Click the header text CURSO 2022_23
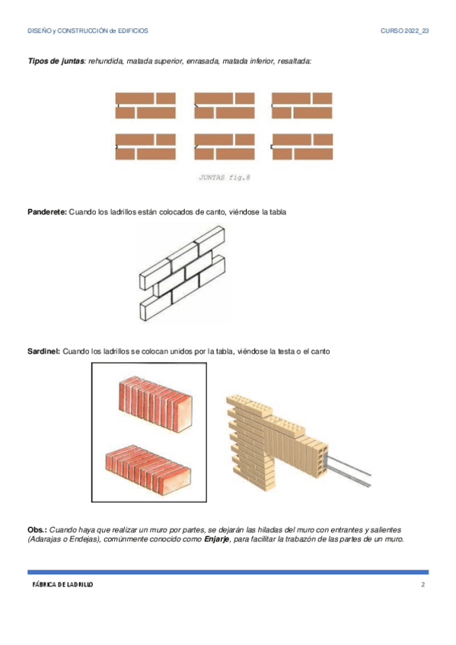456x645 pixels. click(x=404, y=31)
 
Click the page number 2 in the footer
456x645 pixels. click(x=423, y=584)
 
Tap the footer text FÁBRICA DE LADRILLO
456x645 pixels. click(x=62, y=584)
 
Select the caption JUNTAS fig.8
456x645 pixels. click(x=225, y=178)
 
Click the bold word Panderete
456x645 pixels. click(x=46, y=212)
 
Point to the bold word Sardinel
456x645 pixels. click(x=43, y=351)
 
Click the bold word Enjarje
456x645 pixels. click(x=217, y=539)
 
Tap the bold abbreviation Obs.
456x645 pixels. click(x=37, y=530)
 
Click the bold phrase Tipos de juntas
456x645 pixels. click(x=56, y=62)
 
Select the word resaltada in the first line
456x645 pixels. click(x=294, y=62)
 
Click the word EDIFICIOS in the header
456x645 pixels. click(x=133, y=31)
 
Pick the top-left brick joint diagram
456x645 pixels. click(x=145, y=106)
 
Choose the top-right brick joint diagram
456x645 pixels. click(x=301, y=106)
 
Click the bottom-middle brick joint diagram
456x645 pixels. click(x=225, y=147)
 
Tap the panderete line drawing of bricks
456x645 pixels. click(x=182, y=273)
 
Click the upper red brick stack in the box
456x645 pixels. click(x=155, y=405)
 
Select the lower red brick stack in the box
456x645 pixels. click(x=148, y=469)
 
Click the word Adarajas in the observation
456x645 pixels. click(x=45, y=539)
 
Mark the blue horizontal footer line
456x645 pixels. click(x=228, y=572)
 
